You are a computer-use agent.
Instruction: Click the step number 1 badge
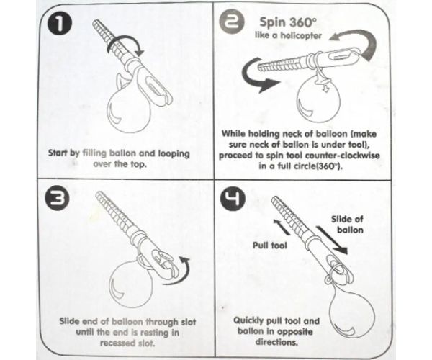coord(59,24)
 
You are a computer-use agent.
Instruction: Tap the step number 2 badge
coord(232,23)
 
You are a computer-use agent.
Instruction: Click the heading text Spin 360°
coord(287,22)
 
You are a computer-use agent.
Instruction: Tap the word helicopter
coord(301,36)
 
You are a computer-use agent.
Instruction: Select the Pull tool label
coord(270,245)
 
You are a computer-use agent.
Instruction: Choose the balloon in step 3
coord(131,283)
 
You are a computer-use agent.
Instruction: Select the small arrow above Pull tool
coord(281,227)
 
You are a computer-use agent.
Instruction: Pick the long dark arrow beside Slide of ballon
coord(331,240)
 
